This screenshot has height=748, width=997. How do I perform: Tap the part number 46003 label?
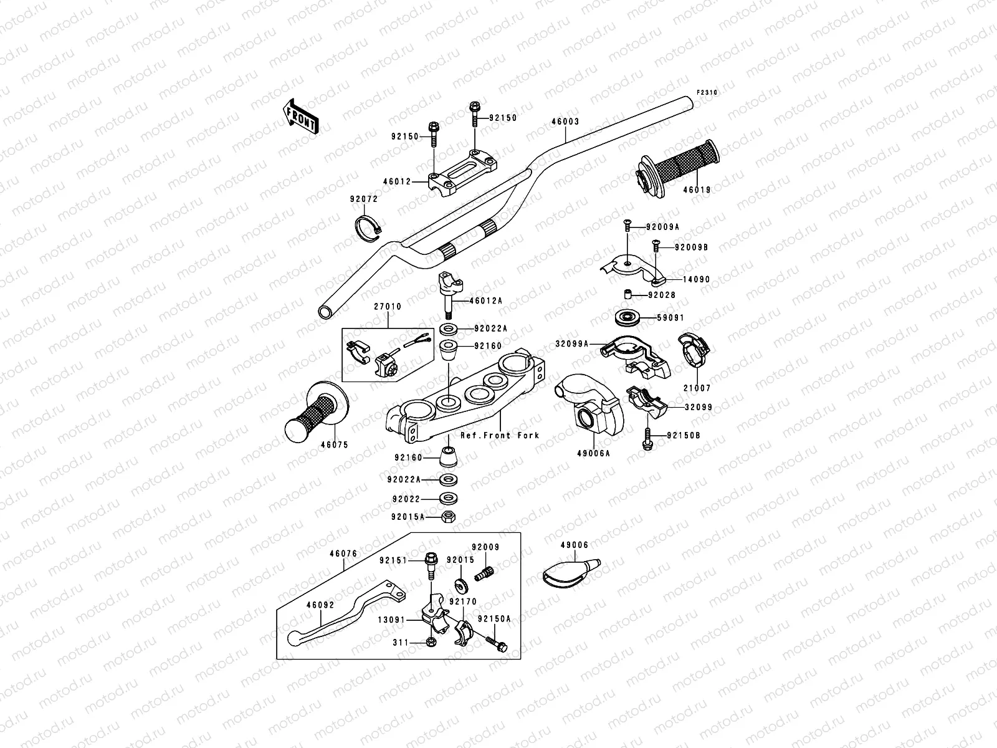pos(565,122)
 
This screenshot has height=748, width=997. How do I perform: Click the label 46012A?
pos(487,300)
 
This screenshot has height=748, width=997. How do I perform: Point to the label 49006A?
pos(594,454)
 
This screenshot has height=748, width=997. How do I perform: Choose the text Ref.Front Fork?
pos(500,436)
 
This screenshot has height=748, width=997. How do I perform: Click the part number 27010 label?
pos(388,307)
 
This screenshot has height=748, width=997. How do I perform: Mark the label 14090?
pos(696,280)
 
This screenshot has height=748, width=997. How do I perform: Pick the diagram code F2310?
pos(707,92)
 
